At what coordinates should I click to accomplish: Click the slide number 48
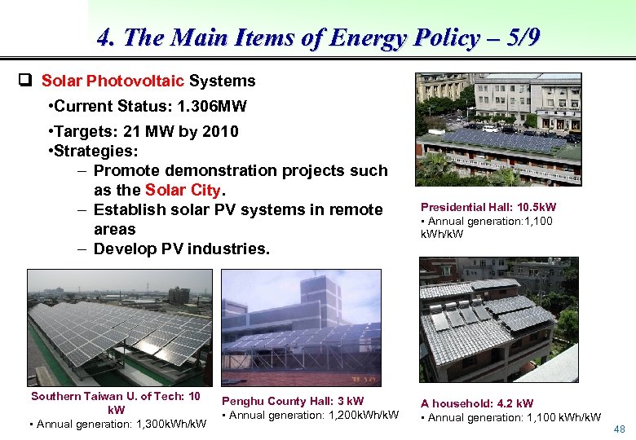[619, 429]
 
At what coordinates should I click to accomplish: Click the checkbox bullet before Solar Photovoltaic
[25, 81]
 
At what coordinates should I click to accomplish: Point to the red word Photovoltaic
[135, 81]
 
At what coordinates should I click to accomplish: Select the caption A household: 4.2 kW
[477, 403]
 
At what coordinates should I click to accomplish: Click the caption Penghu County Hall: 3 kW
[293, 401]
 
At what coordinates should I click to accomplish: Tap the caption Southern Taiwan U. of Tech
[115, 396]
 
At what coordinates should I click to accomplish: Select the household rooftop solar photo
[498, 319]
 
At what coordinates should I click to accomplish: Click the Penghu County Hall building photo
[301, 327]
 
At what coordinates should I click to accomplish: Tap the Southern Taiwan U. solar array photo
[119, 327]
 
